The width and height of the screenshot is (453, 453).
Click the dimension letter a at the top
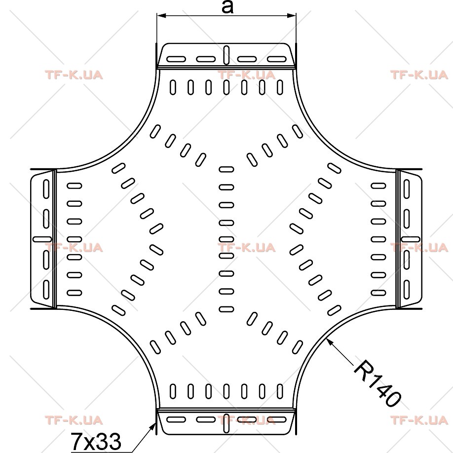[227, 7]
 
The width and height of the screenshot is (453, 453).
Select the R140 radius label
[377, 383]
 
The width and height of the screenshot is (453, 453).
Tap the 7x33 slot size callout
[96, 442]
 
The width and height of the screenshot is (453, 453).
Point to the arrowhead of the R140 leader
[329, 341]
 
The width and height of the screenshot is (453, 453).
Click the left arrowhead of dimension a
[161, 15]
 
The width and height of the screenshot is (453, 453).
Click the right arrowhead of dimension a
[291, 15]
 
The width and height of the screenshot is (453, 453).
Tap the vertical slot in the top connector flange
[226, 55]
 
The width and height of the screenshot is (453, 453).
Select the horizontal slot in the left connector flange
[42, 239]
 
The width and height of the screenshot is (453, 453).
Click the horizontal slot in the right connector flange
[411, 239]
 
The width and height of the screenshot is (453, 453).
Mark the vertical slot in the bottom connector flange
[226, 423]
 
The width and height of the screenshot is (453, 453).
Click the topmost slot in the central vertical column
[226, 169]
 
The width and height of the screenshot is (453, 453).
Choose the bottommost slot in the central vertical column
[226, 309]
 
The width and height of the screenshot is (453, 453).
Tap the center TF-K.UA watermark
[246, 248]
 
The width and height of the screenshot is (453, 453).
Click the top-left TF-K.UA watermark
[74, 75]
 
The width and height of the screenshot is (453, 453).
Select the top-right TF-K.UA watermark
[419, 75]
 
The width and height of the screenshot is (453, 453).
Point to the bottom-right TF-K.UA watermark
[419, 420]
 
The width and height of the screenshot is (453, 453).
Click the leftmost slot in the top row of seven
[173, 87]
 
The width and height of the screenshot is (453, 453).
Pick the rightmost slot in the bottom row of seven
[280, 391]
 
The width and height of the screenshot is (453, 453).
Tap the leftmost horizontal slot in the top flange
[176, 59]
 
